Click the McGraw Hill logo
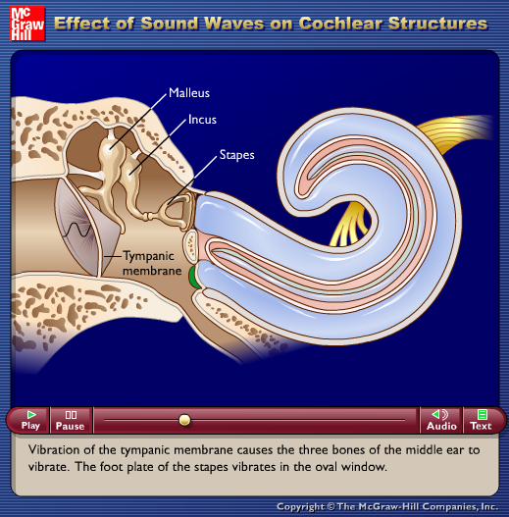pos(27,24)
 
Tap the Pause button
pos(71,420)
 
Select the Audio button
pos(441,420)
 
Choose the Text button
pos(482,420)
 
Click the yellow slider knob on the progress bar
pos(184,420)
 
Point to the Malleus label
pos(189,93)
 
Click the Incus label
pos(202,120)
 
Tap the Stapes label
pos(237,155)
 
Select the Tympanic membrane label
pos(152,263)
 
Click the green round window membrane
pos(193,278)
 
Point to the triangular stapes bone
pos(178,211)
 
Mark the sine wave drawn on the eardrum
pos(76,230)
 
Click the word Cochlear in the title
pos(340,24)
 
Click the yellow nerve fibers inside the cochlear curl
pos(349,225)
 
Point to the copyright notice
pos(387,506)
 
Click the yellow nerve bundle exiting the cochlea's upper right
pos(458,131)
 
